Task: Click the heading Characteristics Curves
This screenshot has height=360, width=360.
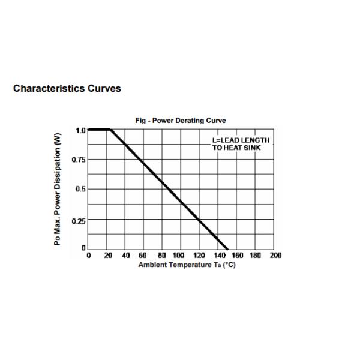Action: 67,89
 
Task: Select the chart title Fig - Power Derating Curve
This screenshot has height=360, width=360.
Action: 181,121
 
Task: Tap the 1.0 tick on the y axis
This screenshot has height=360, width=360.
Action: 80,130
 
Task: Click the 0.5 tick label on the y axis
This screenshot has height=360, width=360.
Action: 79,190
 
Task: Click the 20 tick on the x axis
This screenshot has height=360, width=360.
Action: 108,256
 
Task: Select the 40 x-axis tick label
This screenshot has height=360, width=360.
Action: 126,256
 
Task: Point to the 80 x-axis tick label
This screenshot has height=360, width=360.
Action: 162,256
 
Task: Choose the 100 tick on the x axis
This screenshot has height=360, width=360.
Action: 179,256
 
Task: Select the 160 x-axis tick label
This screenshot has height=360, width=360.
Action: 238,256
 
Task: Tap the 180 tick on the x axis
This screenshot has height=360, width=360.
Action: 256,256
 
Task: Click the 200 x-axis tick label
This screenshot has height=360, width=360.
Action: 275,256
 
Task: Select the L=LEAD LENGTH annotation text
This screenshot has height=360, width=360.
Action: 241,140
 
